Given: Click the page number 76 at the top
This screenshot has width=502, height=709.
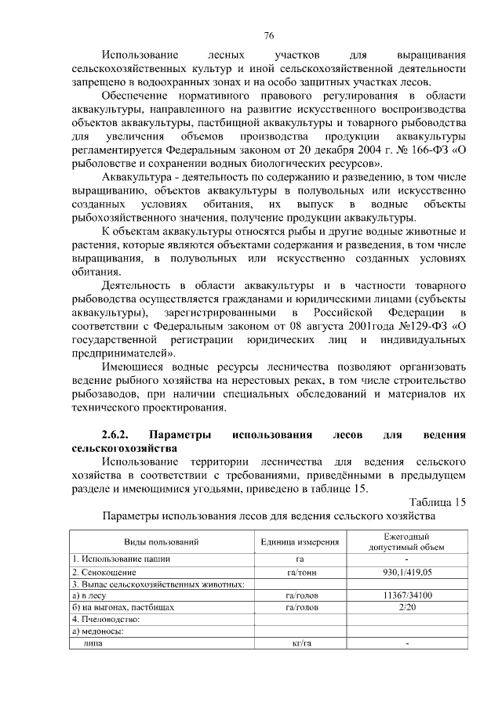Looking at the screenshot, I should [x=269, y=36].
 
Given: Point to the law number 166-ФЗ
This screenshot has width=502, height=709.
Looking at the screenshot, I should [x=424, y=150].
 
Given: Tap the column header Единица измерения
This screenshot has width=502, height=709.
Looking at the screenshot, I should [x=300, y=542].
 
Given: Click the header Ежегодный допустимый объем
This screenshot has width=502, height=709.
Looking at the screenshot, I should [x=407, y=541].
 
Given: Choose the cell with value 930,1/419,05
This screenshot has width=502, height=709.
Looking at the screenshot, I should [x=407, y=573].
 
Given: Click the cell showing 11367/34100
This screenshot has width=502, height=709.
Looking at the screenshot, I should [x=407, y=595].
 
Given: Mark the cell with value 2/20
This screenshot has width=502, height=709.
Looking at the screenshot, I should [x=407, y=607].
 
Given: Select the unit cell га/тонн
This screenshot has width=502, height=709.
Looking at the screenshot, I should [x=300, y=573].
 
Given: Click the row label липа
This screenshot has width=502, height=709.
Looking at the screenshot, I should [x=93, y=643].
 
